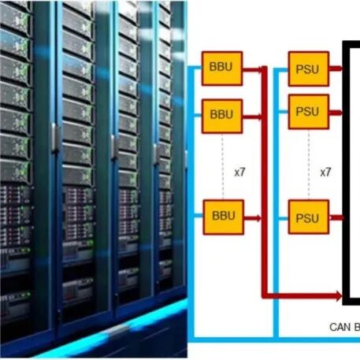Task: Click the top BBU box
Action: point(222,69)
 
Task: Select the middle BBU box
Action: point(222,117)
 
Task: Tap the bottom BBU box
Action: point(224,217)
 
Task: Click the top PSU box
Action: point(309,69)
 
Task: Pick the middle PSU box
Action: point(309,112)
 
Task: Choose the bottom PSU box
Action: point(309,217)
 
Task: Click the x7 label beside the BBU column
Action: point(239,173)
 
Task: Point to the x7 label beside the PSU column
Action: point(325,173)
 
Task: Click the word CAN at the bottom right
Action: point(340,327)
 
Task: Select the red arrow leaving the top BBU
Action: point(253,69)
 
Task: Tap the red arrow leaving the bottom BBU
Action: point(253,218)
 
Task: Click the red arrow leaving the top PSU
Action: point(336,69)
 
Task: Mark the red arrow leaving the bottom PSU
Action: point(336,217)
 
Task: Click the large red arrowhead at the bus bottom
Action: point(337,295)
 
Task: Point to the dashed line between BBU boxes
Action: point(222,167)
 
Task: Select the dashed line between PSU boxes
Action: point(309,165)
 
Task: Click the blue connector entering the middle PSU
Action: point(283,112)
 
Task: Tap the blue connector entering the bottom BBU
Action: point(199,216)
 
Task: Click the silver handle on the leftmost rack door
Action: point(54,137)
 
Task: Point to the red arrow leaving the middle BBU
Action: point(253,117)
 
